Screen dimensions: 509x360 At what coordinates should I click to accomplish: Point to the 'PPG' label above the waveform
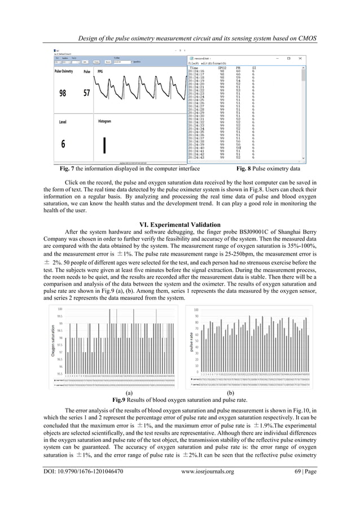click(x=100, y=72)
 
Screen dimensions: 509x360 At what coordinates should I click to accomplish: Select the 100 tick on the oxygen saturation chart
click(x=59, y=308)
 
